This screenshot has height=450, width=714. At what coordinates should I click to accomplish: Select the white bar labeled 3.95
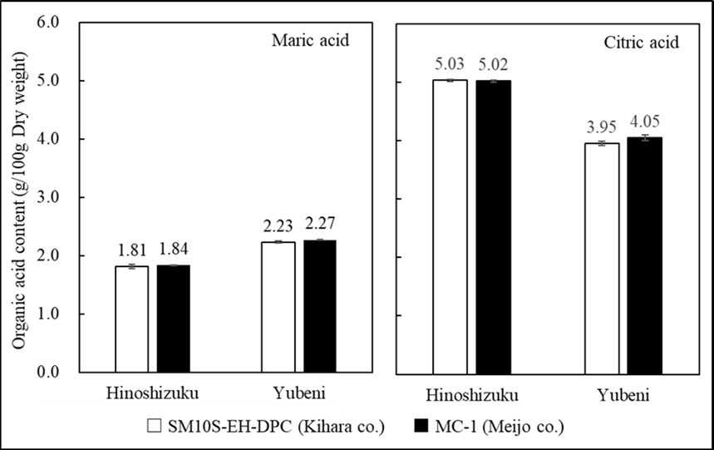[603, 257]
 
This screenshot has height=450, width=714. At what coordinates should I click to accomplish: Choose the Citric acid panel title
[630, 41]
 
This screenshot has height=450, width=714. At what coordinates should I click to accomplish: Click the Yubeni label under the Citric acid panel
[623, 394]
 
